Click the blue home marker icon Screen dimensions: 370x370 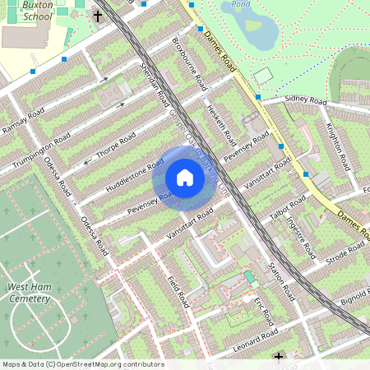point(185,178)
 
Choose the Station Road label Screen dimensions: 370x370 point(281,280)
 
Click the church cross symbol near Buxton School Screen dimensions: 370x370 point(97,16)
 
